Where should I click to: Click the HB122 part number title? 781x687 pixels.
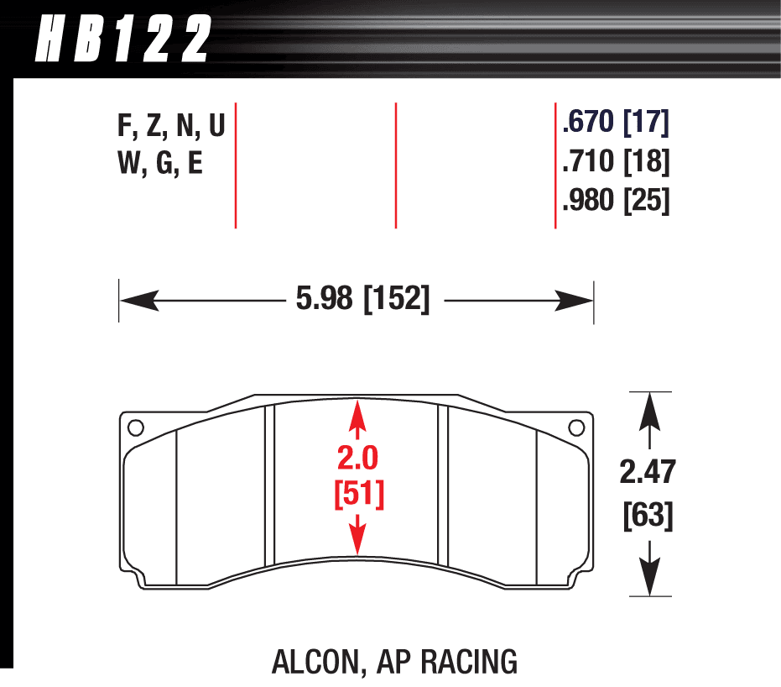(123, 39)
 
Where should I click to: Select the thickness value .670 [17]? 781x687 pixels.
(616, 122)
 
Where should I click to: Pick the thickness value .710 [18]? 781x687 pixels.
(616, 161)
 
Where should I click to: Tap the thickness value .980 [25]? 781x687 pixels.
(616, 201)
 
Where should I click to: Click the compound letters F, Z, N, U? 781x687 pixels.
(171, 125)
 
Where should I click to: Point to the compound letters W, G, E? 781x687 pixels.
(160, 163)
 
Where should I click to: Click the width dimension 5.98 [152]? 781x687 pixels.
(362, 299)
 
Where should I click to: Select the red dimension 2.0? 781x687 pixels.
(357, 458)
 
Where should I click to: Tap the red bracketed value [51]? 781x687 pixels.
(359, 494)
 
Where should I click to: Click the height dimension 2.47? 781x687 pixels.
(648, 472)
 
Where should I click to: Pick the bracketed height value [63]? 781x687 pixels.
(648, 516)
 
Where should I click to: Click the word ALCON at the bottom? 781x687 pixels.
(315, 662)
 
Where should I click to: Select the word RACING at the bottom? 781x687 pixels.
(469, 662)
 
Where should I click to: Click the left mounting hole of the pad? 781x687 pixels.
(136, 427)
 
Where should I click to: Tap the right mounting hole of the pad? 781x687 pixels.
(576, 427)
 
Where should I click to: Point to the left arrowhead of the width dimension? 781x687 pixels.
(139, 301)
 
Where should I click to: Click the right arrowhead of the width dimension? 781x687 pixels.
(574, 301)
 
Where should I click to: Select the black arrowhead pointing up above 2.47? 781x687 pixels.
(650, 412)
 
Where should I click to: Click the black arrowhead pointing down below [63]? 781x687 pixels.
(650, 576)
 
